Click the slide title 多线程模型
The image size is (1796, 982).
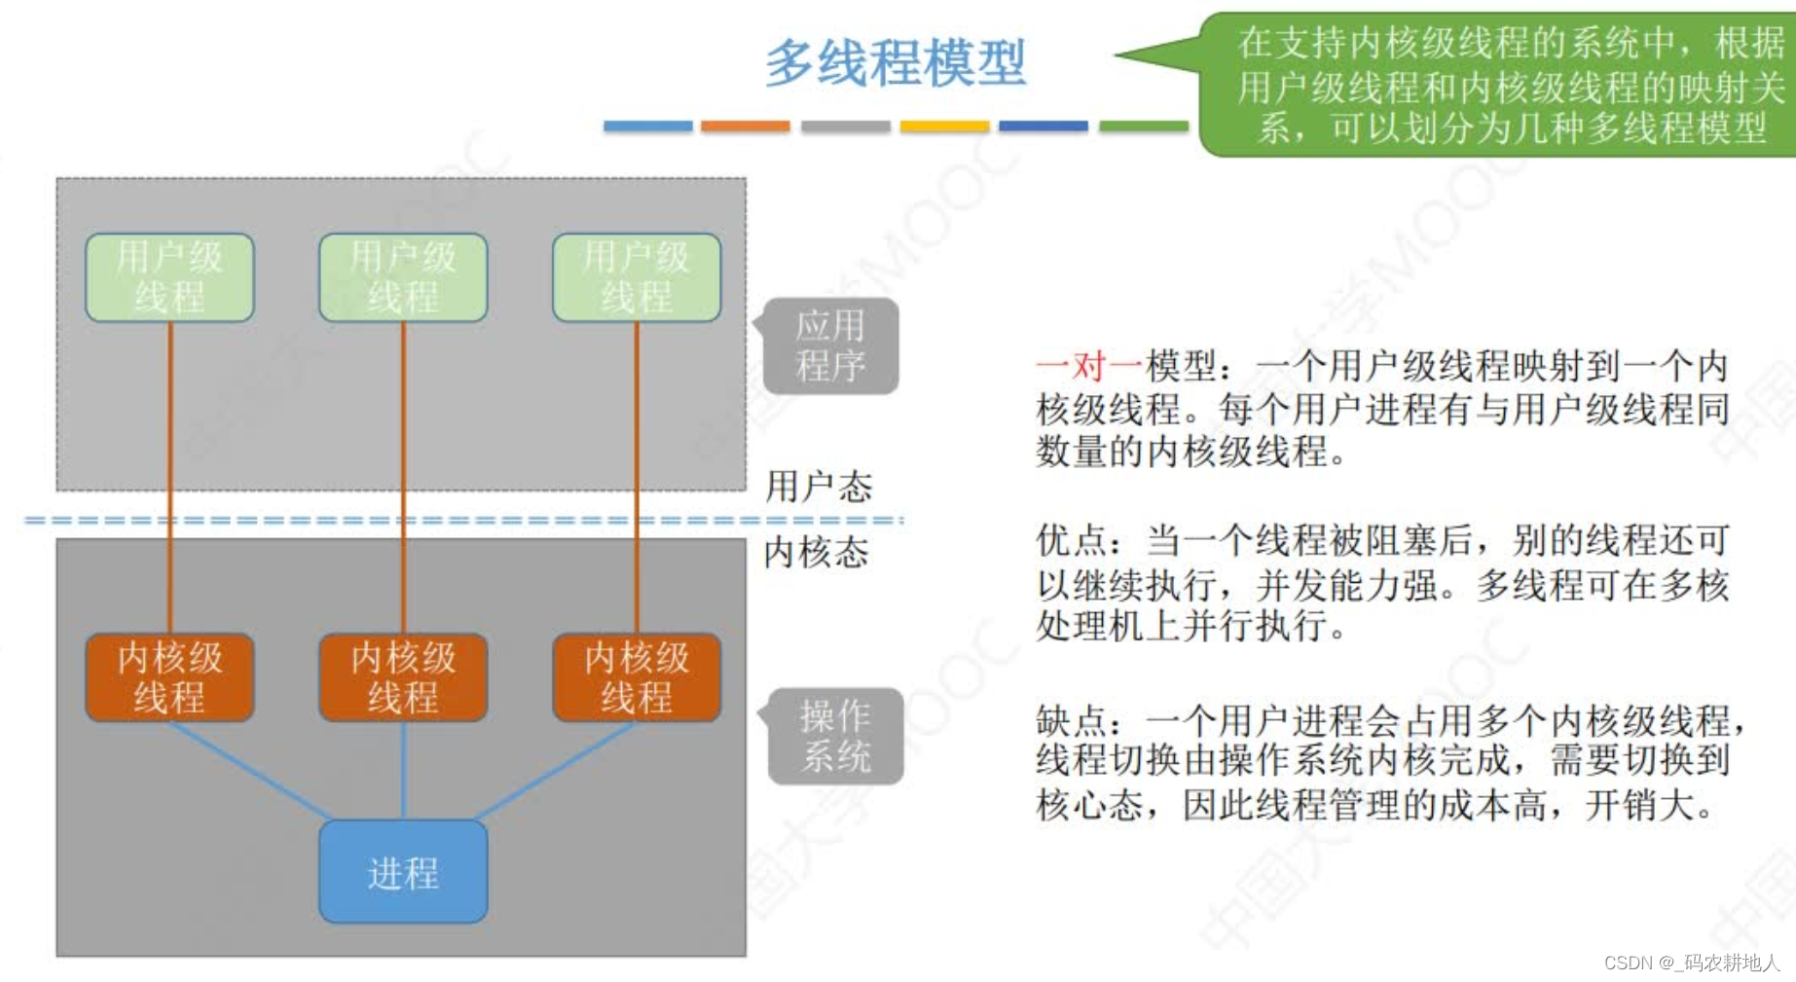[x=895, y=62]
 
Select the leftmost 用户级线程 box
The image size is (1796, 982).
[x=169, y=277]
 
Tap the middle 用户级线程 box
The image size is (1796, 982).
[x=403, y=277]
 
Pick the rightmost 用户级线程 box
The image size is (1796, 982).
[x=637, y=277]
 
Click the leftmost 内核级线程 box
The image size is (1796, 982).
[x=169, y=677]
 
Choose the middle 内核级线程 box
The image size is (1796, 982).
[x=403, y=677]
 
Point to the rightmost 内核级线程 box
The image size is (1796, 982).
[x=637, y=677]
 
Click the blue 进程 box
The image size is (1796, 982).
[x=403, y=872]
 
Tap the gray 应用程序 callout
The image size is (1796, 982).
[x=829, y=346]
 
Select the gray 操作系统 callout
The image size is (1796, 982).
[x=835, y=736]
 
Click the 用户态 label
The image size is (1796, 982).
[x=818, y=487]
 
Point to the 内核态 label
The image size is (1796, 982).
[x=816, y=553]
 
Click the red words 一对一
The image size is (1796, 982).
[x=1089, y=367]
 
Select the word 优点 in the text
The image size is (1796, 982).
[x=1071, y=540]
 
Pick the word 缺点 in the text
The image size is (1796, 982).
[x=1071, y=721]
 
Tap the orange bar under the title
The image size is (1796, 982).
[x=745, y=127]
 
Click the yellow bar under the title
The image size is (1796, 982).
[x=944, y=127]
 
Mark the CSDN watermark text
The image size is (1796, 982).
[x=1692, y=963]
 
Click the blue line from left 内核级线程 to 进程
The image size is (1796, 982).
[x=251, y=771]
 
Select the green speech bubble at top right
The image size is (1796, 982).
[x=1499, y=86]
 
